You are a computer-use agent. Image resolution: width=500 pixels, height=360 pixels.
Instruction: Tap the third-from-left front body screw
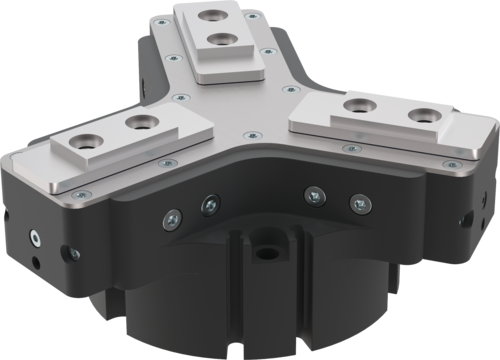(314, 195)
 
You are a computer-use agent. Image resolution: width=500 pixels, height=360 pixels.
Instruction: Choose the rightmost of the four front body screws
(354, 203)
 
